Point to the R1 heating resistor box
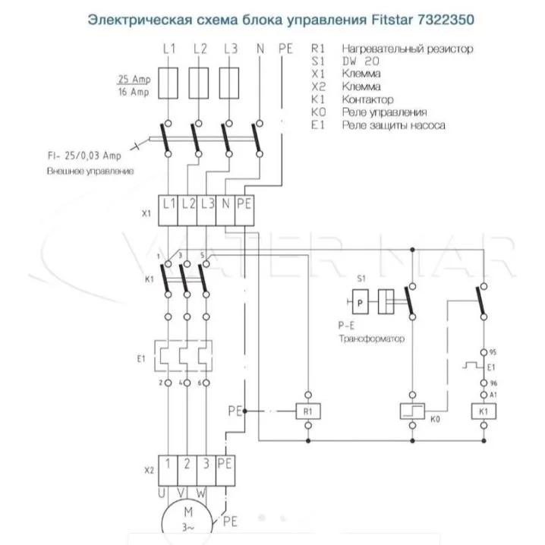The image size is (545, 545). [x=307, y=411]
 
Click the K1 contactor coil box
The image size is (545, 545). [x=484, y=411]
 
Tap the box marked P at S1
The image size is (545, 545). [x=362, y=301]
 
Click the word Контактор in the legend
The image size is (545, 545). [x=367, y=99]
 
